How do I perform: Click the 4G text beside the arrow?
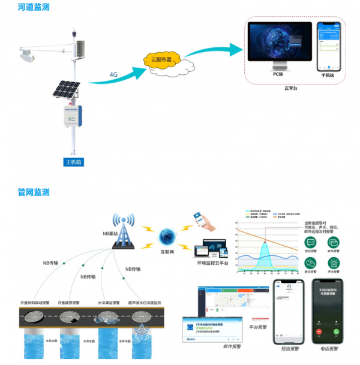(x=113, y=74)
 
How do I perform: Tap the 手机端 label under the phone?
(x=327, y=76)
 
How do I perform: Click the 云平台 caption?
(x=292, y=88)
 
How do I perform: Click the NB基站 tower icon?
(x=125, y=227)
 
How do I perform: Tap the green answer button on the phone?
(x=337, y=331)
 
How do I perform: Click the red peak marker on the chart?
(x=265, y=243)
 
